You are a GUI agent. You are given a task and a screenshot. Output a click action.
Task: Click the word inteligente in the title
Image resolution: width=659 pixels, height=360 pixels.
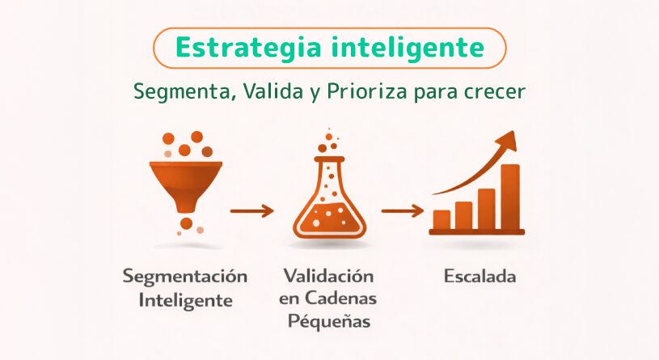[x=408, y=48]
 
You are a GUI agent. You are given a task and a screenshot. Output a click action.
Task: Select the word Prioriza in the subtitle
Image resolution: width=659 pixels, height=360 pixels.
[x=366, y=91]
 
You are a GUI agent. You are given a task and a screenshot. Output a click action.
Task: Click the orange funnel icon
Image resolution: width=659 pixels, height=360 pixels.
[x=186, y=186]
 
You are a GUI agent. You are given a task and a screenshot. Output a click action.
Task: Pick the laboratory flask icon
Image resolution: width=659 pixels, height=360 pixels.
[x=330, y=197]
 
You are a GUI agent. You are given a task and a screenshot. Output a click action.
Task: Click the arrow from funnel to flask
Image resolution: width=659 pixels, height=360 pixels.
[x=251, y=210]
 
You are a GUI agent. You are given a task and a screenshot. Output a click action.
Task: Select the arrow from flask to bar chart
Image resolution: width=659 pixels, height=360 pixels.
[x=403, y=210]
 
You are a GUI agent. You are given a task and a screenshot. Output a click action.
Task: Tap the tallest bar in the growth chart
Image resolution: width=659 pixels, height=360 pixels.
[x=510, y=197]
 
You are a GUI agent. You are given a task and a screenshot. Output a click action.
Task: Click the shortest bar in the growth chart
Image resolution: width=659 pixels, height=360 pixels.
[x=441, y=219]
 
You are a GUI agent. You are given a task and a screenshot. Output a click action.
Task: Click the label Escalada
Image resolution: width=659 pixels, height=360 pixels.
[x=480, y=277]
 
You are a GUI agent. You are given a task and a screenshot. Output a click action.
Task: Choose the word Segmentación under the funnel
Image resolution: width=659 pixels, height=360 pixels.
[x=185, y=277]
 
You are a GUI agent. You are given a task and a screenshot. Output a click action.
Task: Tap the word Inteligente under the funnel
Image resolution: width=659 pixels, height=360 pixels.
[x=185, y=300]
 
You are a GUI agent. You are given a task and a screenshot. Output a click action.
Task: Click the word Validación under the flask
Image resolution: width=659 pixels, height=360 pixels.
[x=328, y=276]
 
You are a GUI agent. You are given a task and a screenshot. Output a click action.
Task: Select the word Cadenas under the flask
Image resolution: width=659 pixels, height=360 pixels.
[x=340, y=299]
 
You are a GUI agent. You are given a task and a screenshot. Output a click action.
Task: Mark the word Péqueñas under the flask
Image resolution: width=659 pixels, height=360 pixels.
[x=329, y=321]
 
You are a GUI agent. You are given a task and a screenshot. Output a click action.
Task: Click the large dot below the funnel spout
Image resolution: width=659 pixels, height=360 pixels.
[x=186, y=223]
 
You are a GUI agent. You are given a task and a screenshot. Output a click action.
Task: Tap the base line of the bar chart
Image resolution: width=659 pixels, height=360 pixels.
[x=476, y=231]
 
